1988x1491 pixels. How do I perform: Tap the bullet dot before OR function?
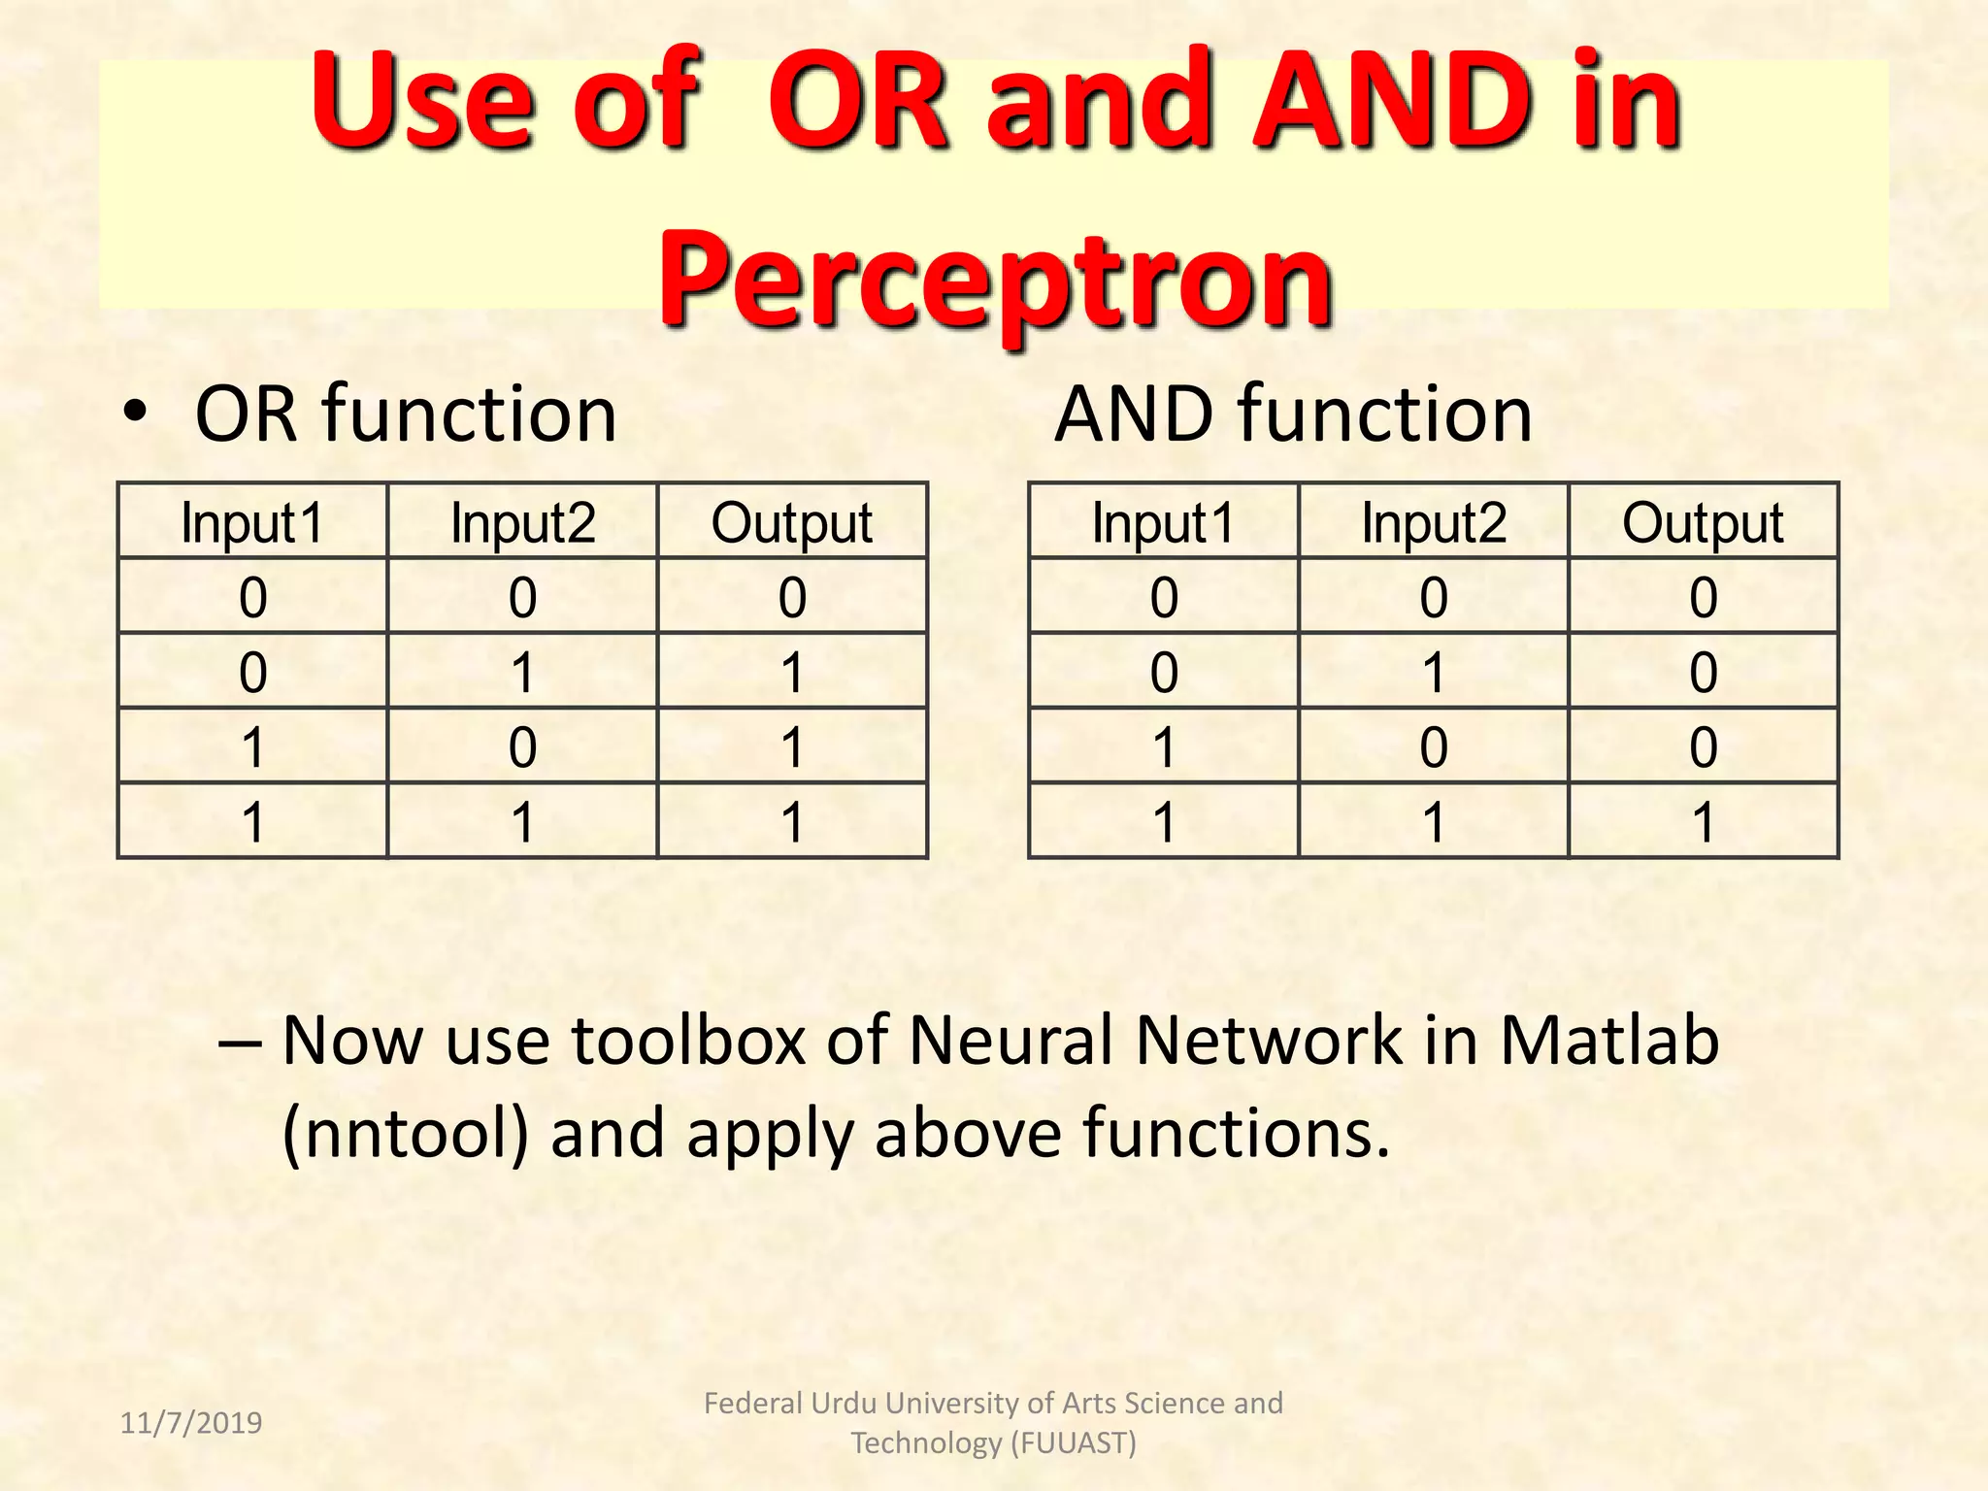(x=135, y=414)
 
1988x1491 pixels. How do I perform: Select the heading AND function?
(x=1293, y=414)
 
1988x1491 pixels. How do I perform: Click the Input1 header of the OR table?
(x=252, y=522)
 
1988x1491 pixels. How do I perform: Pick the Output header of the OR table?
(x=792, y=522)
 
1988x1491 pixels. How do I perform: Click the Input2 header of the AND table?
(x=1434, y=522)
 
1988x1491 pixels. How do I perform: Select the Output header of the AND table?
(x=1703, y=522)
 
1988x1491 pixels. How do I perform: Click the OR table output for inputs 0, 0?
(x=792, y=597)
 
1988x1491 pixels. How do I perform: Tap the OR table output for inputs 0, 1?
(x=792, y=672)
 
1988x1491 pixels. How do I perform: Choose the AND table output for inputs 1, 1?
(x=1703, y=822)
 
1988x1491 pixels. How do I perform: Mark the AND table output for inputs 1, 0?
(x=1703, y=747)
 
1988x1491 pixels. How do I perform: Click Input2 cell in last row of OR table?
(x=522, y=822)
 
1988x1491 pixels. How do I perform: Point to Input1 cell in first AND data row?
(x=1164, y=597)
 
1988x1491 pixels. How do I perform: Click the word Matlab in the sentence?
(x=1609, y=1041)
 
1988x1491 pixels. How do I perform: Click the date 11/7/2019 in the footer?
(x=191, y=1423)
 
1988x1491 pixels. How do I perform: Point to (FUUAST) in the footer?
(x=1073, y=1443)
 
